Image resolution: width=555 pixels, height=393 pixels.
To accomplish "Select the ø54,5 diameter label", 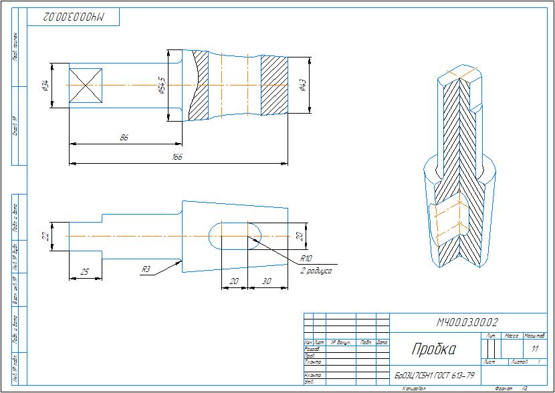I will point(161,85).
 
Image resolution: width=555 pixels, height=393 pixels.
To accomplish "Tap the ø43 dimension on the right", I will point(302,85).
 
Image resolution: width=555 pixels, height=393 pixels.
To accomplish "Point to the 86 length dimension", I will point(124,138).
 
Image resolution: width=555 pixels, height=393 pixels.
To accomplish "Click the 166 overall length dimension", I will point(177,158).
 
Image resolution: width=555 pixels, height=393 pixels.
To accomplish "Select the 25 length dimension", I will point(85,272).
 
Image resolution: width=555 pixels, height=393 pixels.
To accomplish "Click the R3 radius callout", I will point(146,269).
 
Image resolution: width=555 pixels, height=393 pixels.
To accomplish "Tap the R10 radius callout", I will point(306,258).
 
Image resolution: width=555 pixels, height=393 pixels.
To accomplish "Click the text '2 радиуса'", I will point(315,271).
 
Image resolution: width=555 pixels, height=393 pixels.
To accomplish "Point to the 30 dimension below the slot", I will point(267,282).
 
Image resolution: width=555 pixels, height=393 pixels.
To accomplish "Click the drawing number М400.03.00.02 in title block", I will point(468,323).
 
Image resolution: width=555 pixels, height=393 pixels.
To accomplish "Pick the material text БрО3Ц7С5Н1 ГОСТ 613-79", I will point(435,375).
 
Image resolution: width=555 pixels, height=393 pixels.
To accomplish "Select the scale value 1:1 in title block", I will point(534,349).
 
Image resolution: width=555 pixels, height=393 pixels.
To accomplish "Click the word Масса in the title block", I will point(512,335).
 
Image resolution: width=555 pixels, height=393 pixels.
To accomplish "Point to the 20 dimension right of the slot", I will point(300,235).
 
